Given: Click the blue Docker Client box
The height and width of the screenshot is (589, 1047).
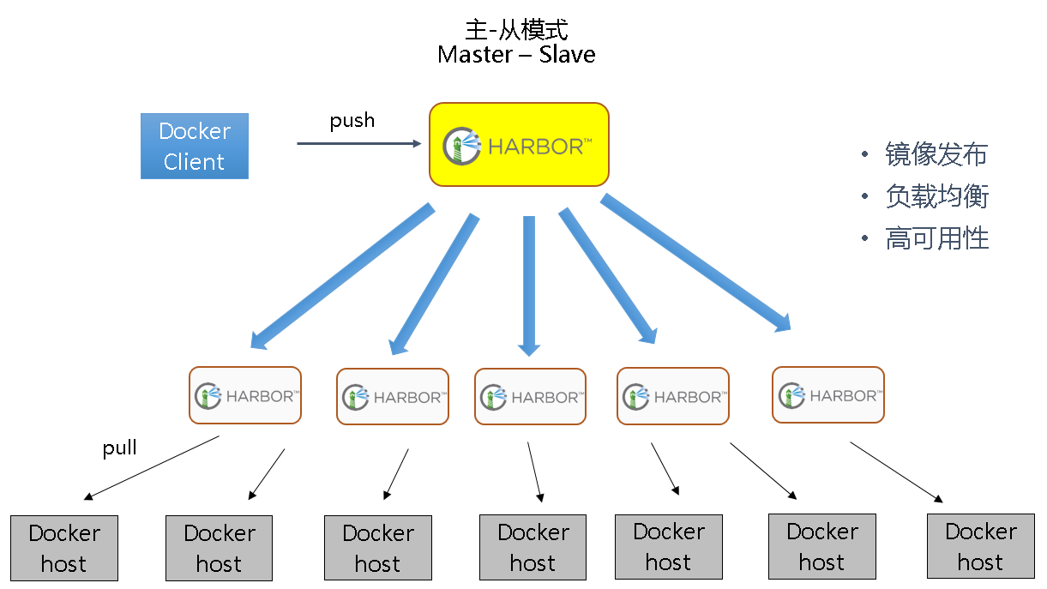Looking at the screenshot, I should (x=195, y=146).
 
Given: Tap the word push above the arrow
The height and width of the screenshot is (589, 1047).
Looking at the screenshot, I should (x=352, y=120).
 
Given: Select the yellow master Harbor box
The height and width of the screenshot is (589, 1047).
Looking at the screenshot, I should (x=519, y=144).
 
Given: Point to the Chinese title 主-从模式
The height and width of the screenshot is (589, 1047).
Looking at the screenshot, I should (x=516, y=30).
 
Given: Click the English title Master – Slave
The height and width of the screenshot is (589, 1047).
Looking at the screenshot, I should (x=516, y=55).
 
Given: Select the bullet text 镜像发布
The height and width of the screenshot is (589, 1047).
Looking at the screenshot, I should (x=936, y=154).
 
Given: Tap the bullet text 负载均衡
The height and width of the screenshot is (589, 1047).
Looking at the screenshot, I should (x=936, y=196).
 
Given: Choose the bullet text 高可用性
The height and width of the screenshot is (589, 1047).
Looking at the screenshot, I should (x=936, y=238).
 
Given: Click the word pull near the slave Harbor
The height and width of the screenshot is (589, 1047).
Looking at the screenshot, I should (x=120, y=448).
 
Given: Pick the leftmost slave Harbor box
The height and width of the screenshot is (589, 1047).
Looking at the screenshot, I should (x=245, y=395).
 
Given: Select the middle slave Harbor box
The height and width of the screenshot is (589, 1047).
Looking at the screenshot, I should (x=530, y=396).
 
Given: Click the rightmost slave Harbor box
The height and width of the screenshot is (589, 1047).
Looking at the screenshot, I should (x=827, y=395).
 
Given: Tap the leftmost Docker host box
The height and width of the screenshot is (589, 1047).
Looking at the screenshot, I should (x=63, y=548).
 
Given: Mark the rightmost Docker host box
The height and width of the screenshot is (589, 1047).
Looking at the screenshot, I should (x=980, y=546).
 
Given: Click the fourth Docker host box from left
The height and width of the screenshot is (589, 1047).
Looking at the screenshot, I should (x=533, y=547).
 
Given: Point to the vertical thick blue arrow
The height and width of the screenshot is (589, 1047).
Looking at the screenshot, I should (x=529, y=283).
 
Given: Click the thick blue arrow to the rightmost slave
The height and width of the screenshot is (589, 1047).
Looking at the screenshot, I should (x=695, y=261).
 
